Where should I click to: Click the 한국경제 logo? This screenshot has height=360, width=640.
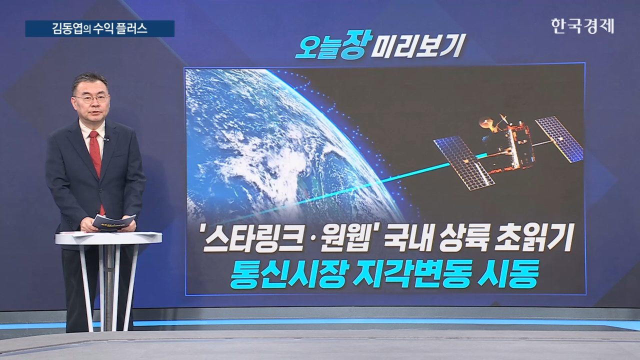[582, 26]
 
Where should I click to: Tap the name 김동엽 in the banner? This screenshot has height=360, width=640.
[67, 29]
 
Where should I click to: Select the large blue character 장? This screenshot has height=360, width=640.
[356, 44]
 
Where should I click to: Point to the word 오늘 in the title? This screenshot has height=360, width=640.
[317, 47]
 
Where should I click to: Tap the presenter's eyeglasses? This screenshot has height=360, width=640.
[92, 99]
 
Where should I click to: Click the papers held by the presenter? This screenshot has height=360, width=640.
[114, 222]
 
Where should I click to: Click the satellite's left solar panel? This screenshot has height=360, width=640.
[463, 163]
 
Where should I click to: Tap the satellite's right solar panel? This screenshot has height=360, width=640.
[559, 139]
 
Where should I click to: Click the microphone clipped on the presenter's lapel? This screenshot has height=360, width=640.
[106, 139]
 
